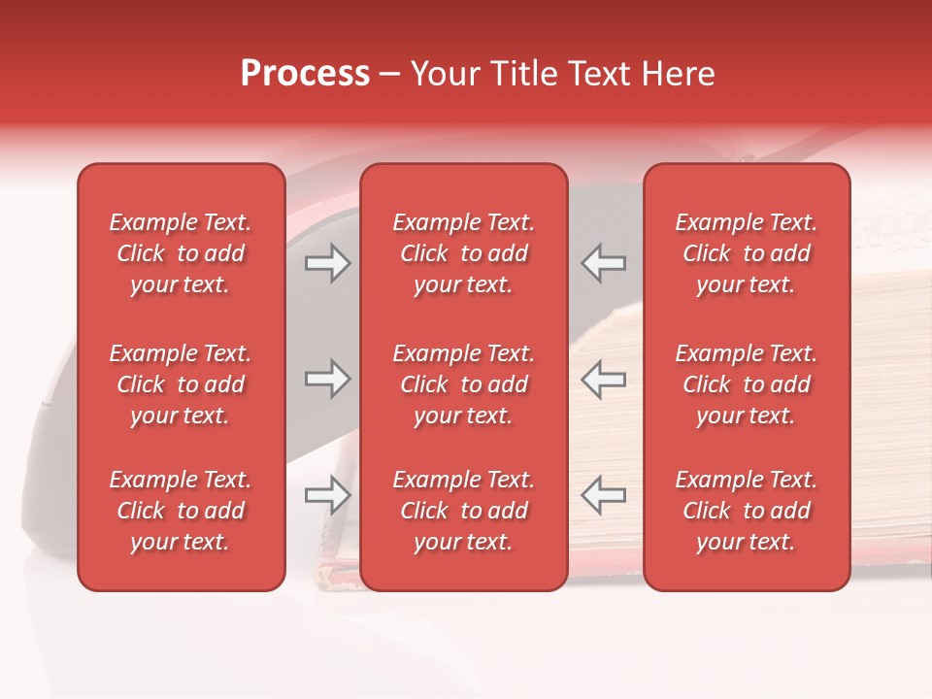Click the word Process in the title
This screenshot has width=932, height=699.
point(305,74)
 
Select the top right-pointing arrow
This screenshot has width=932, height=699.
point(328,263)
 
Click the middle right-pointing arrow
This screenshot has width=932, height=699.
point(328,379)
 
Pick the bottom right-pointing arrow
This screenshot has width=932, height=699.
point(328,495)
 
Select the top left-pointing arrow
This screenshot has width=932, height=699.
point(603,263)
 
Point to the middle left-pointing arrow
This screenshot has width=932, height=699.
point(603,379)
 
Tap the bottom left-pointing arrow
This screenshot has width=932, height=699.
point(603,495)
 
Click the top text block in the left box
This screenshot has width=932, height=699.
point(181,253)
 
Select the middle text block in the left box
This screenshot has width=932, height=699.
point(181,384)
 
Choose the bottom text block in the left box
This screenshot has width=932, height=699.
point(181,511)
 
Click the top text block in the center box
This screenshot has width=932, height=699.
point(464,253)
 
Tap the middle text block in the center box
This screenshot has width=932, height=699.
point(464,384)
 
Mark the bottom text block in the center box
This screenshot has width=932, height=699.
point(464,511)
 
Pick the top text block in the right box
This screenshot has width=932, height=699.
point(747,253)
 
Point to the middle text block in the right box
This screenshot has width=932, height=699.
point(747,384)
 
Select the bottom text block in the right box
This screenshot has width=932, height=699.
point(747,511)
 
